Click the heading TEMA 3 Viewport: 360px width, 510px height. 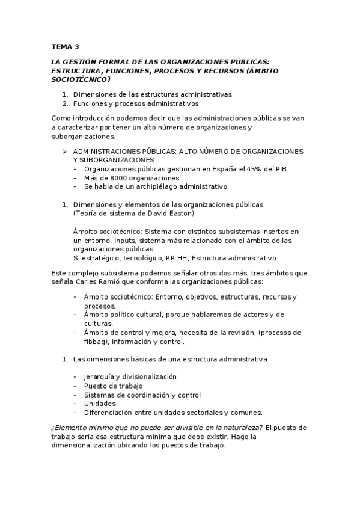(x=65, y=46)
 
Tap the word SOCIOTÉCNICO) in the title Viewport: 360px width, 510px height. (x=81, y=79)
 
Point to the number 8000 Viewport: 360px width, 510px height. (x=115, y=178)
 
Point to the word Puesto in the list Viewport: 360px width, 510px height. (x=96, y=386)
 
